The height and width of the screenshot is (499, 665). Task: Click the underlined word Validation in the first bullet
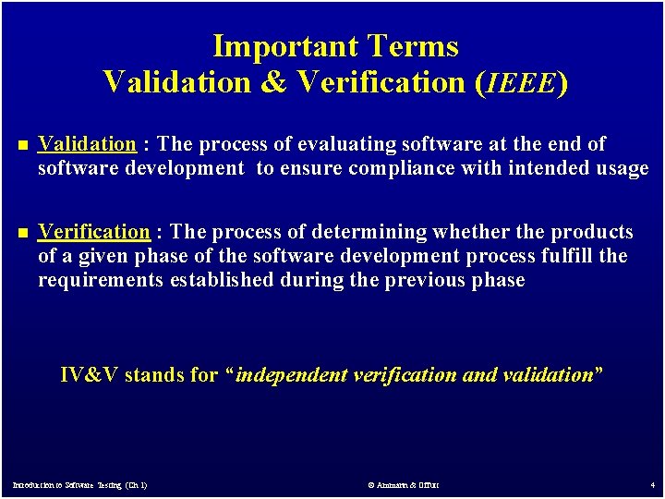tap(87, 144)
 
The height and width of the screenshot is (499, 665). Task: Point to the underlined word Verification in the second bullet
tap(93, 232)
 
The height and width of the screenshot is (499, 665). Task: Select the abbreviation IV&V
tap(89, 375)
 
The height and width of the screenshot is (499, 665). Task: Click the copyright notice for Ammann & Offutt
tap(403, 484)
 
